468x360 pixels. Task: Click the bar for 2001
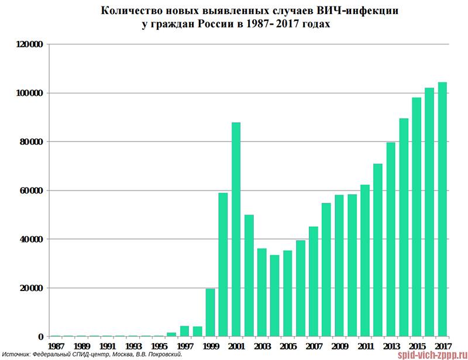pos(236,229)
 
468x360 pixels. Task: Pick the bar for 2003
pos(261,292)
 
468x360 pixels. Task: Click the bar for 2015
pos(417,217)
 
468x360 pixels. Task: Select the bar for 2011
pos(365,261)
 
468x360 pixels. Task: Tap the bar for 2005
pos(287,293)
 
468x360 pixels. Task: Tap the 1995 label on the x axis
pos(159,346)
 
